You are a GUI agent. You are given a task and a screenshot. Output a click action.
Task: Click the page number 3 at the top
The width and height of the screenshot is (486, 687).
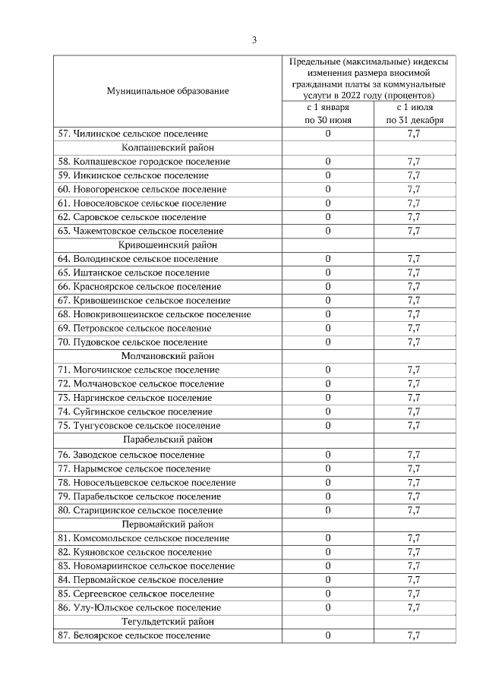(255, 40)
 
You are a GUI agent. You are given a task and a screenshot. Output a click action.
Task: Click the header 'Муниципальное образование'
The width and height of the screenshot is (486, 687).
(167, 91)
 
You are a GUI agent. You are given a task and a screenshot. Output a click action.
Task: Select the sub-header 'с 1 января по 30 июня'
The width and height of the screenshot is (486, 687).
(327, 114)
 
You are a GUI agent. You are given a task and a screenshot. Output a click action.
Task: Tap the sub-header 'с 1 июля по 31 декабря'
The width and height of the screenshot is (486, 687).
(414, 114)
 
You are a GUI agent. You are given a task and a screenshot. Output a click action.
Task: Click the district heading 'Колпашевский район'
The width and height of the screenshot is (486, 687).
(167, 147)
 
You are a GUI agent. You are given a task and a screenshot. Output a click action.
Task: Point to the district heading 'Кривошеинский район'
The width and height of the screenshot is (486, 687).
(167, 244)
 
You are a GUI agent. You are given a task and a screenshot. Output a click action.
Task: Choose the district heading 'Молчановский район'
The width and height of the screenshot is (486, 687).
(167, 355)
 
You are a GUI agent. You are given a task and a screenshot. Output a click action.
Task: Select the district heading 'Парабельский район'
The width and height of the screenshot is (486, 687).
(167, 440)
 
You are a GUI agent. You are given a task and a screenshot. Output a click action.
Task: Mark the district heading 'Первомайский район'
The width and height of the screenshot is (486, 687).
(167, 524)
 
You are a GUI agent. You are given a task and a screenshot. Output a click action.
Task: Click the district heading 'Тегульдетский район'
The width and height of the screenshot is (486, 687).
(167, 621)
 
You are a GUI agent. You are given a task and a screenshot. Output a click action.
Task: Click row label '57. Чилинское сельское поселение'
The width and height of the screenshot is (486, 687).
(133, 134)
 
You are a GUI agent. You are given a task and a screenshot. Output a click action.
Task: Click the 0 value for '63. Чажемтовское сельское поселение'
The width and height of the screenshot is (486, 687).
(328, 231)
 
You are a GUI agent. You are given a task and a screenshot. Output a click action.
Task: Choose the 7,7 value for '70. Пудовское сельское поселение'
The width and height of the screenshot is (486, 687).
(414, 342)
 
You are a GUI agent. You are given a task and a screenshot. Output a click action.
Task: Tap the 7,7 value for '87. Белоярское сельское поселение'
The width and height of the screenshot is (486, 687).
(414, 635)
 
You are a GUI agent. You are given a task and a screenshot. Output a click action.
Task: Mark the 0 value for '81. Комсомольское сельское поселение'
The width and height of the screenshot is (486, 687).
(328, 538)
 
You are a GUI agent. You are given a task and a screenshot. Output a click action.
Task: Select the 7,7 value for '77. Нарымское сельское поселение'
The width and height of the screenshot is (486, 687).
(414, 468)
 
